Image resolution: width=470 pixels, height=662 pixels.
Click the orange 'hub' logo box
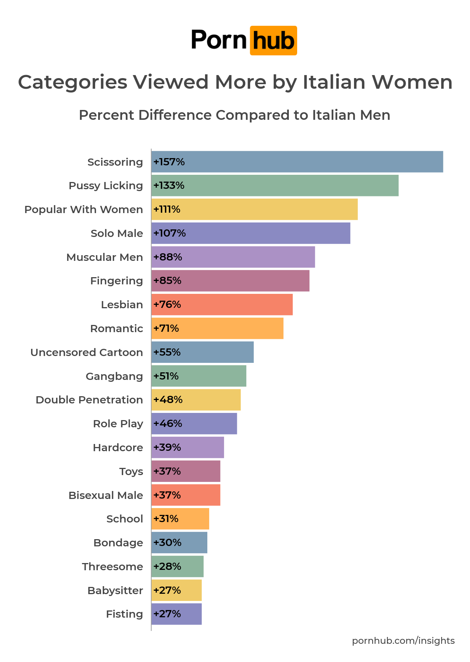pos(273,41)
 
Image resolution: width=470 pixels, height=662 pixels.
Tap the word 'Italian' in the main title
pos(334,82)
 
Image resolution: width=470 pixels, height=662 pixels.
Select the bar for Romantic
pos(217,328)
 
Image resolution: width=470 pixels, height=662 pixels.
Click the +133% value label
pos(169,185)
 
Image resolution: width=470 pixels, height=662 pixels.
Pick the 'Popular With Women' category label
pos(84,210)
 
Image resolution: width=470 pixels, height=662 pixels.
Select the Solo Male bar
pos(251,233)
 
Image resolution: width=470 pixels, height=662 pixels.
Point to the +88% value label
pos(168,257)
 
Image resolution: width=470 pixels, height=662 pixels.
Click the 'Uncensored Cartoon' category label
pos(87,353)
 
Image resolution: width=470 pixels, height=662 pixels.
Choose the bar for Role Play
pos(194,424)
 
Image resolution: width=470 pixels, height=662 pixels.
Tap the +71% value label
pos(166,328)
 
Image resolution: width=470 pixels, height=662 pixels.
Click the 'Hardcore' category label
pos(118,448)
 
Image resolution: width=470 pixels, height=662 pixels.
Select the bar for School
pos(180,519)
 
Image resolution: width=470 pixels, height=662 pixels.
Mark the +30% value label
pos(167,543)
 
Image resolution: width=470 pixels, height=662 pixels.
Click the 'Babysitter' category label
pos(115,591)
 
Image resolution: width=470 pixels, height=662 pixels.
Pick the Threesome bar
pos(177,566)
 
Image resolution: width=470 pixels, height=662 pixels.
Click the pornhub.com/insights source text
pos(403,641)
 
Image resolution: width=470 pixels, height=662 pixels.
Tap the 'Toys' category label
pos(131,472)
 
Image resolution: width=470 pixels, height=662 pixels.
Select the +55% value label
pos(167,352)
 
